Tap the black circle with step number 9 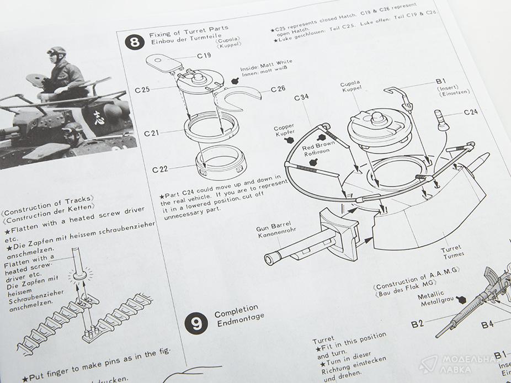196,323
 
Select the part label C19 204,56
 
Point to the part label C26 278,89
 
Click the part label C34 302,98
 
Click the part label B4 487,325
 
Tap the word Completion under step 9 236,307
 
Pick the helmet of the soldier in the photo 56,52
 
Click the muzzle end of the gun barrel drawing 269,258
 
